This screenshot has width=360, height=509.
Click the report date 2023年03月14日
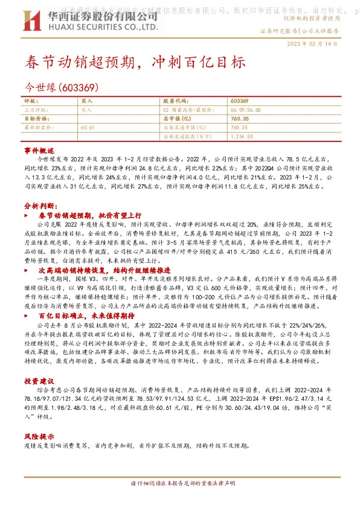click(x=312, y=44)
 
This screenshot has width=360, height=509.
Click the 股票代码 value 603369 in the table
click(x=240, y=100)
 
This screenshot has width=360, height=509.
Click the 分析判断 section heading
click(x=39, y=206)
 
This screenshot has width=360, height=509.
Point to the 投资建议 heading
click(x=39, y=381)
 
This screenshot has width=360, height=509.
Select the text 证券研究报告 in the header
click(x=278, y=29)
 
